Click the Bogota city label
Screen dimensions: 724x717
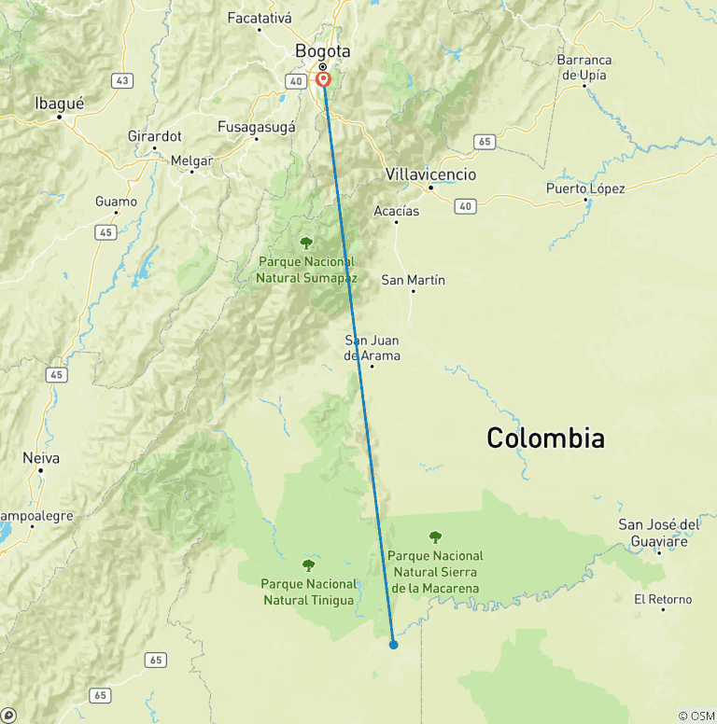tap(322, 50)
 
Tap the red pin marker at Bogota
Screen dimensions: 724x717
tap(324, 79)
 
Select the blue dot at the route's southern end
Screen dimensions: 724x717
tap(394, 644)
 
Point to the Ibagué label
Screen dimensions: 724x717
tap(59, 104)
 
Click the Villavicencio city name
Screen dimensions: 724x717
tap(430, 174)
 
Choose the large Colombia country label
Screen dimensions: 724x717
tap(545, 438)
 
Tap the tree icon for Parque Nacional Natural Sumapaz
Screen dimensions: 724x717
tap(306, 243)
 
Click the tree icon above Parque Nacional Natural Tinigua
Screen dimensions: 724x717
tap(308, 564)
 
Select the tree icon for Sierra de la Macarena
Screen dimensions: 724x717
tap(435, 536)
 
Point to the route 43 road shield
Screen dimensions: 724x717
tap(120, 81)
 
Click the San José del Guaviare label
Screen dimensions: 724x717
tap(659, 533)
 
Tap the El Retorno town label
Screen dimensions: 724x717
tap(663, 599)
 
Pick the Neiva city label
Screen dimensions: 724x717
tap(41, 458)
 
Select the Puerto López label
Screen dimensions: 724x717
tap(585, 188)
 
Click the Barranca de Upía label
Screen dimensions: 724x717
tap(584, 66)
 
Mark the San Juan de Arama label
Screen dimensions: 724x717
tap(373, 348)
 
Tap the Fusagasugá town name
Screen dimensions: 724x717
tap(256, 126)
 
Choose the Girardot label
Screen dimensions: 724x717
tap(155, 135)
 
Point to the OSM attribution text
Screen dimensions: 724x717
tap(696, 716)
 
